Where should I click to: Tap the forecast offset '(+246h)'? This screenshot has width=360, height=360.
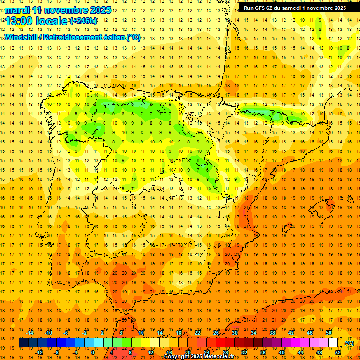(83, 21)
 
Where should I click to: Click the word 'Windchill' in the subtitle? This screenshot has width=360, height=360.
(20, 37)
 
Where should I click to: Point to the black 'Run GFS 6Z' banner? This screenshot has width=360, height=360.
(295, 8)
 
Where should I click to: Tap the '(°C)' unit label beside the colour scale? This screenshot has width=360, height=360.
(349, 343)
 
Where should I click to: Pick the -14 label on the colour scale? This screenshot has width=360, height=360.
(31, 333)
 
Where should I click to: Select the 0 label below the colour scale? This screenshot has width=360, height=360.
(93, 352)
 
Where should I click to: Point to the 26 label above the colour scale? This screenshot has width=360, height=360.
(216, 333)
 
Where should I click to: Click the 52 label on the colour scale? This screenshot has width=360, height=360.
(338, 352)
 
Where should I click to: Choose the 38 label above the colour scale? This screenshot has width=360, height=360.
(272, 333)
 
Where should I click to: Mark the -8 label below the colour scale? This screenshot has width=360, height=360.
(56, 352)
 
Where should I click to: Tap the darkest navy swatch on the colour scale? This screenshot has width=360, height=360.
(24, 343)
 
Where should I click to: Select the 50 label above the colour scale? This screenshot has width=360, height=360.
(328, 333)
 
